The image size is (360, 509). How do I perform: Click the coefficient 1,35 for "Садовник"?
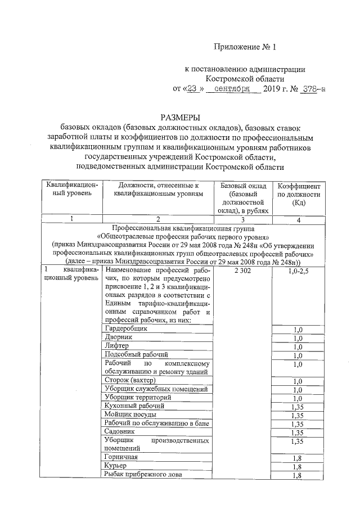(x=298, y=432)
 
